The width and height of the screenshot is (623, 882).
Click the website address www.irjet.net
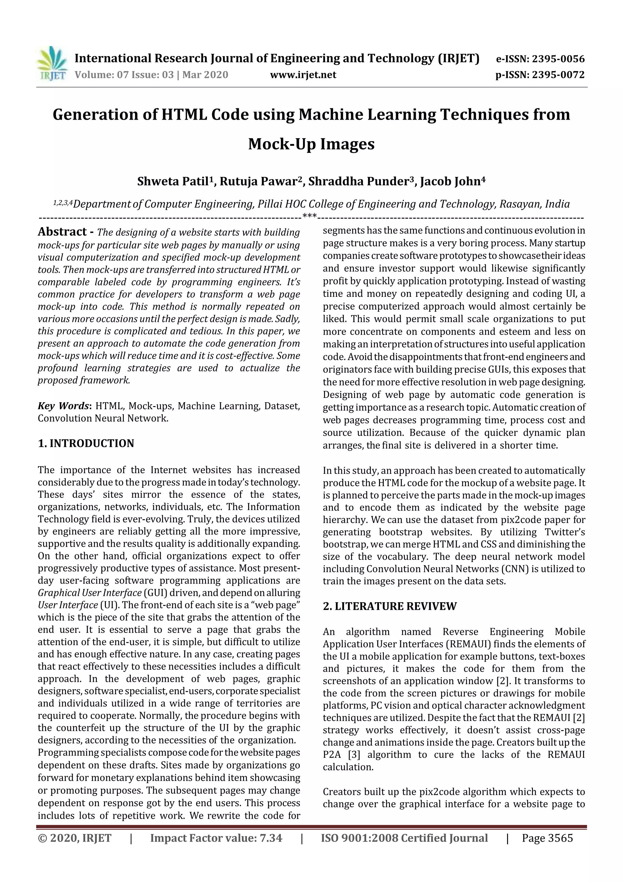pyautogui.click(x=303, y=75)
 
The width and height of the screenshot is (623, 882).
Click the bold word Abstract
pyautogui.click(x=62, y=232)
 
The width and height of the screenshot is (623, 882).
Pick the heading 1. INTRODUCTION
pyautogui.click(x=86, y=443)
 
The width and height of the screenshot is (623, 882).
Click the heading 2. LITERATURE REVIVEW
pyautogui.click(x=390, y=606)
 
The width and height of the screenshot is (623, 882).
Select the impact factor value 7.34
pyautogui.click(x=271, y=838)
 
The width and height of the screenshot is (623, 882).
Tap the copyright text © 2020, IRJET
pyautogui.click(x=75, y=838)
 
